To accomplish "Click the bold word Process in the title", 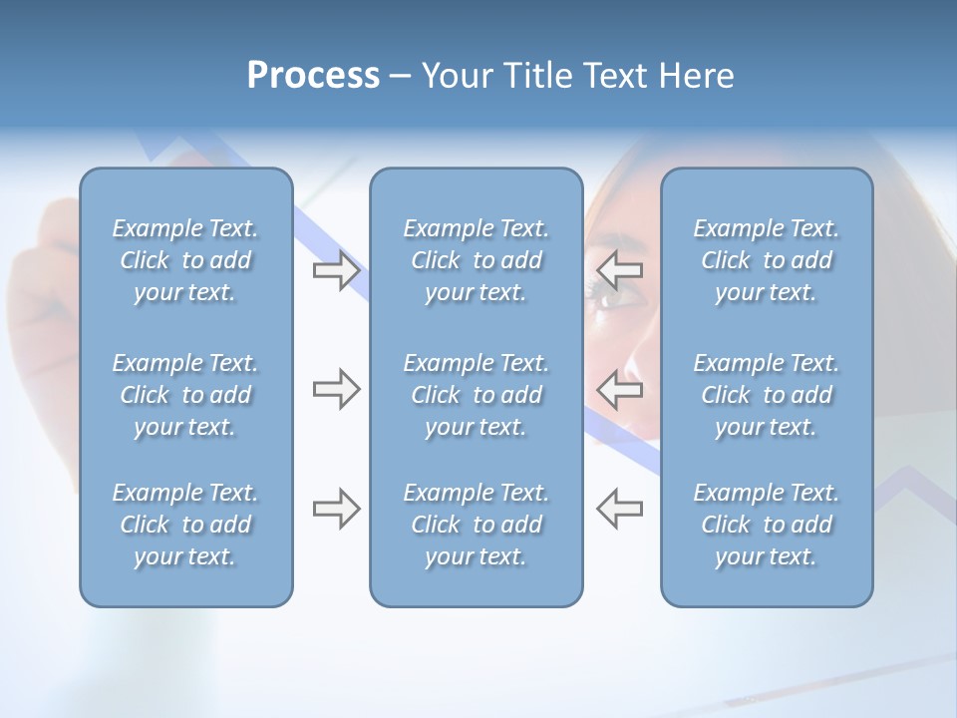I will pos(313,76).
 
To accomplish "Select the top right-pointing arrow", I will pos(336,270).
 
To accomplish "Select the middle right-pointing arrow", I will pos(336,389).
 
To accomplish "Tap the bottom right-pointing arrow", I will pos(336,509).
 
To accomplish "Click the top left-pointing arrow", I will pos(620,270).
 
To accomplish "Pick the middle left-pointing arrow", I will pos(620,389).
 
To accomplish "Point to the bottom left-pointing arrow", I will pos(620,509).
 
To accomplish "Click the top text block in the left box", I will pos(185,260).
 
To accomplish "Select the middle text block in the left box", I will pos(185,395).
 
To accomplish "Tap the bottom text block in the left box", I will pos(185,525).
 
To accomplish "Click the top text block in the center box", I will pos(477,260).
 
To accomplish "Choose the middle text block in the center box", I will pos(477,395).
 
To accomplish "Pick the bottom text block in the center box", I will pos(477,525).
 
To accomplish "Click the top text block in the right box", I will pos(767,260).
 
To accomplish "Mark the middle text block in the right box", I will pos(767,395).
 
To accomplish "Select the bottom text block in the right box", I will pos(767,525).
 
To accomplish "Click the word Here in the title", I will pos(697,76).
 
